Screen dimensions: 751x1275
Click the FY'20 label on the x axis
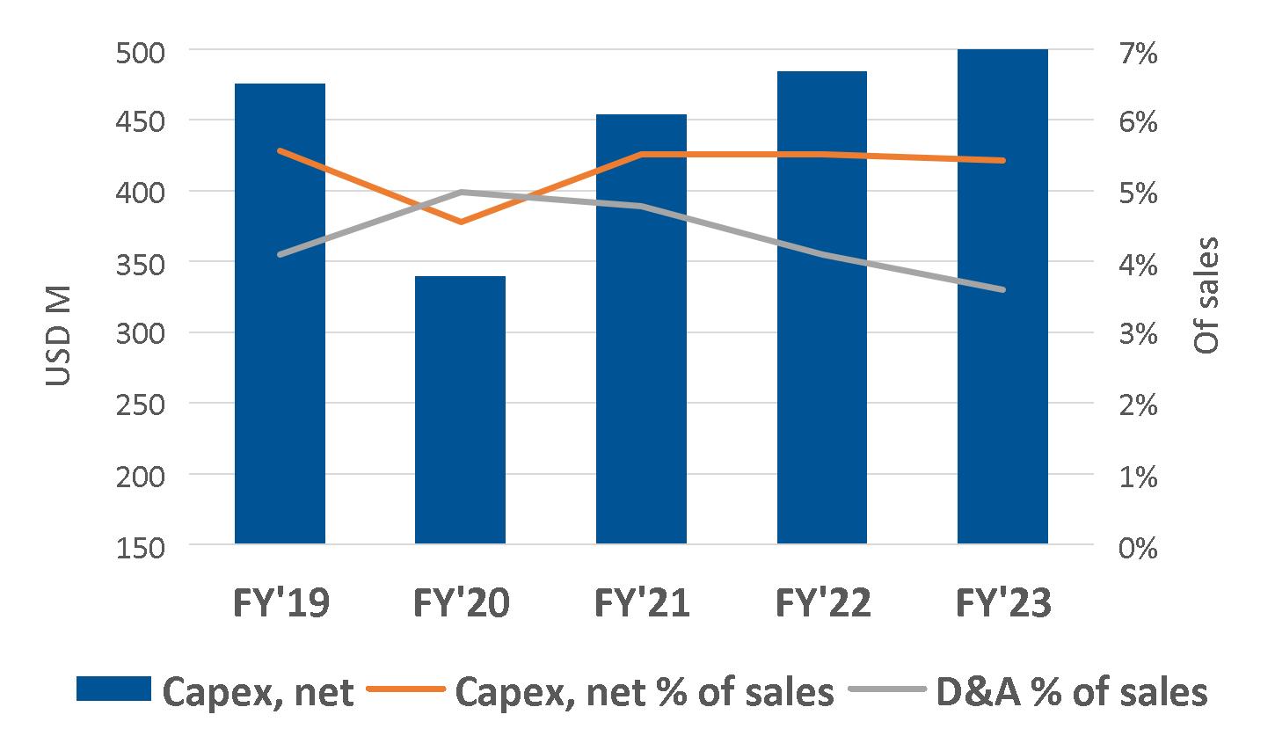pyautogui.click(x=461, y=604)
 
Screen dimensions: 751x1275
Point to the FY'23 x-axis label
pyautogui.click(x=1002, y=604)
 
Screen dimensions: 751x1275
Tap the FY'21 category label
pyautogui.click(x=641, y=604)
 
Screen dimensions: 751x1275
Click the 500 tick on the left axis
pyautogui.click(x=141, y=52)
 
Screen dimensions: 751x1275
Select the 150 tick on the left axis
pyautogui.click(x=141, y=547)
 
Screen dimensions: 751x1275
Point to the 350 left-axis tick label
pyautogui.click(x=141, y=264)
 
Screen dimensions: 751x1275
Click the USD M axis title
pyautogui.click(x=59, y=335)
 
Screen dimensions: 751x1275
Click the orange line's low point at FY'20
pyautogui.click(x=461, y=222)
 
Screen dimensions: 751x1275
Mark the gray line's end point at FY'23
pyautogui.click(x=1002, y=290)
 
